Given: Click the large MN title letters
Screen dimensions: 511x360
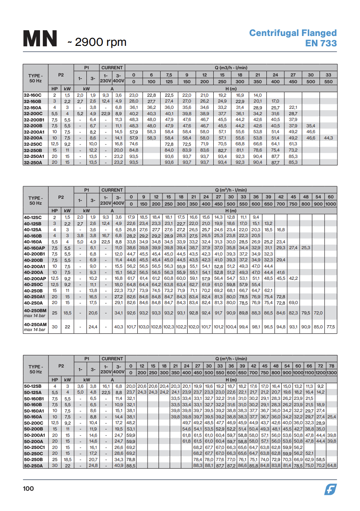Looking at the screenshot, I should click(x=40, y=39).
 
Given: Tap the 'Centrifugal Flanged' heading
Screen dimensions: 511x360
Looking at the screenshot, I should click(x=293, y=33).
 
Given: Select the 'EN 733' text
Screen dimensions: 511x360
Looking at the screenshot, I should click(x=321, y=43).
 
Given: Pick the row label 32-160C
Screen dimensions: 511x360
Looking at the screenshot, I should click(x=32, y=95).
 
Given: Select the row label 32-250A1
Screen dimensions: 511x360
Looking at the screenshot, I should click(x=33, y=156).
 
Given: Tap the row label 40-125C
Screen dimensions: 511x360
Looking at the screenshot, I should click(x=32, y=217).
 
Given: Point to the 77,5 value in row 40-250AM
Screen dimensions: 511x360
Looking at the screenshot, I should click(x=331, y=326).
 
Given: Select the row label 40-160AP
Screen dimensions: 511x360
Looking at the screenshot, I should click(x=34, y=248).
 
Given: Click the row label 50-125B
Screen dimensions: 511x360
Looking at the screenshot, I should click(x=32, y=386).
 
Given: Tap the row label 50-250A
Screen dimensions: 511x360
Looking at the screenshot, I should click(x=32, y=466).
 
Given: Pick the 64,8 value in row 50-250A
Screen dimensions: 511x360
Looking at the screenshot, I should click(x=332, y=466).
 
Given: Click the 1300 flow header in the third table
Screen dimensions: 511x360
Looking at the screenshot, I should click(x=332, y=373).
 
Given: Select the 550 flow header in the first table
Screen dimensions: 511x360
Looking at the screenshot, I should click(x=328, y=82).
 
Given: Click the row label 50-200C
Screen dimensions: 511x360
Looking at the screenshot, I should click(x=32, y=423).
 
